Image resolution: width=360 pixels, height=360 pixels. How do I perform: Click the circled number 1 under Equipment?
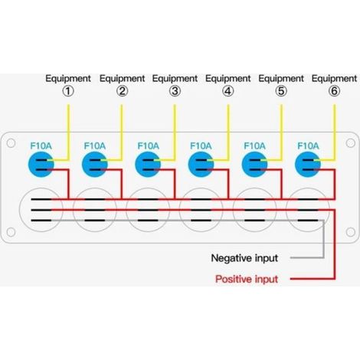[x=68, y=91]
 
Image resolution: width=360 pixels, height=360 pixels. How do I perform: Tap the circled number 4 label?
[x=227, y=91]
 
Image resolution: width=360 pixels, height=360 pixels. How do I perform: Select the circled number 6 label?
[x=334, y=91]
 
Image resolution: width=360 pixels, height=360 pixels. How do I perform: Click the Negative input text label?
[x=244, y=258]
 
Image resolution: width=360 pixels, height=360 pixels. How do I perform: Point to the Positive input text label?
[x=247, y=279]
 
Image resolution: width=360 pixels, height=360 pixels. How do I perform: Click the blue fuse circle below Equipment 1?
[x=41, y=165]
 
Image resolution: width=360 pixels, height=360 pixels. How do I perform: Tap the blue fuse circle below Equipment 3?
[x=148, y=165]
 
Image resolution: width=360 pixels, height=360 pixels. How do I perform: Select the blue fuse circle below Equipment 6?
[x=308, y=165]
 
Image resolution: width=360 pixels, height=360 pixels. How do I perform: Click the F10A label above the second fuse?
[x=94, y=146]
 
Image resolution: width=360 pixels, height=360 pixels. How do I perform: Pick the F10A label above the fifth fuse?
[x=254, y=146]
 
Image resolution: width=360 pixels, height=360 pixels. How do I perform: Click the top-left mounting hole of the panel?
[x=11, y=143]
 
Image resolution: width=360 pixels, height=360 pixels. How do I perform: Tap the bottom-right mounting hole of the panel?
[x=350, y=232]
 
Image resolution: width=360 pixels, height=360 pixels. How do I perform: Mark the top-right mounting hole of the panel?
[x=350, y=143]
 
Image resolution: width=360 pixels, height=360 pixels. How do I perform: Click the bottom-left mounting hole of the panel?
[x=11, y=232]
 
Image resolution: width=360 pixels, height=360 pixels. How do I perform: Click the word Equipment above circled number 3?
[x=175, y=79]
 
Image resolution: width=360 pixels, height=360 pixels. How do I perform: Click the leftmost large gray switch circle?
[x=41, y=188]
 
